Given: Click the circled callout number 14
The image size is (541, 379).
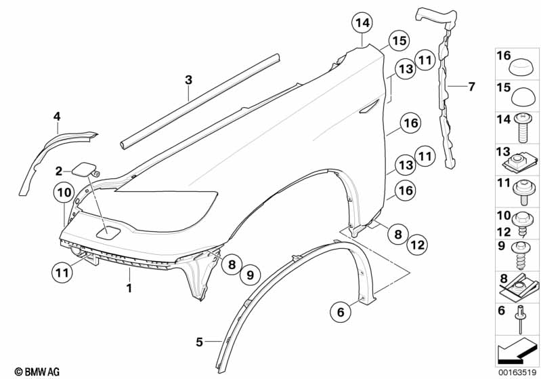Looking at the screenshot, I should [x=363, y=25].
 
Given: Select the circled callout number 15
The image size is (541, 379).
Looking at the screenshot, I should [x=399, y=42].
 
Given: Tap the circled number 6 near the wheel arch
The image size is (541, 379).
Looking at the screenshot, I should [x=341, y=312].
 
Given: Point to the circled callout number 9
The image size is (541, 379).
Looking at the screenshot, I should [x=250, y=275].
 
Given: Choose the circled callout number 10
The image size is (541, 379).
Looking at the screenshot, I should [x=64, y=193].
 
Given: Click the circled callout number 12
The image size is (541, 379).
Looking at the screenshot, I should [x=417, y=243].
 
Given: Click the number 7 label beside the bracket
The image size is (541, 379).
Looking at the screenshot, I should [x=471, y=86].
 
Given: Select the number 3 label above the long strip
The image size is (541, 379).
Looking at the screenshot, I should [x=189, y=80].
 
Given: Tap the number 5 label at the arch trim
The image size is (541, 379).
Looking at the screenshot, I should [x=199, y=343].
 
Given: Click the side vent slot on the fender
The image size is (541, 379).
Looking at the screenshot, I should [x=370, y=105].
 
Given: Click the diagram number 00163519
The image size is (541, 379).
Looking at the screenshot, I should [x=518, y=370].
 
